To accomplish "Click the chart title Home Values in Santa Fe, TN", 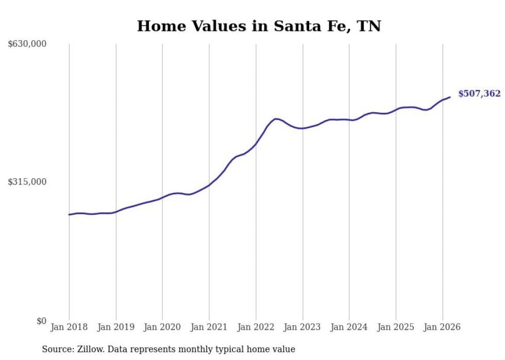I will [259, 26].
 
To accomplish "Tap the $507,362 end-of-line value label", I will [479, 93].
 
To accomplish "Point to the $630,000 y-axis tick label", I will [27, 44].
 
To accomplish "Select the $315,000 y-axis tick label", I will [27, 182].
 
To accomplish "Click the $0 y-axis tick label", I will [41, 321].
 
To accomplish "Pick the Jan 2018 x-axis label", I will [69, 327].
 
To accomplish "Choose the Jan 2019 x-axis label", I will [116, 327].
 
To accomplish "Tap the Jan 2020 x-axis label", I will [162, 327].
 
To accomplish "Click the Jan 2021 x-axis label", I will [209, 327].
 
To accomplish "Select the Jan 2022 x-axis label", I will [256, 327].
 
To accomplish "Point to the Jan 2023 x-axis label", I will [302, 327].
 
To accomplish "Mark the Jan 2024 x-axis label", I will [349, 327].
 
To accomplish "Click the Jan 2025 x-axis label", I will [396, 327].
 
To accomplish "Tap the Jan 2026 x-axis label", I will [442, 327].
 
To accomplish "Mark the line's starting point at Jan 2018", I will [69, 214].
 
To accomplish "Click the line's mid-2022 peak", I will [276, 119].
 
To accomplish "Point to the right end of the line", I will [450, 97].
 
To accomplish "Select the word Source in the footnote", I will [56, 349].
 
